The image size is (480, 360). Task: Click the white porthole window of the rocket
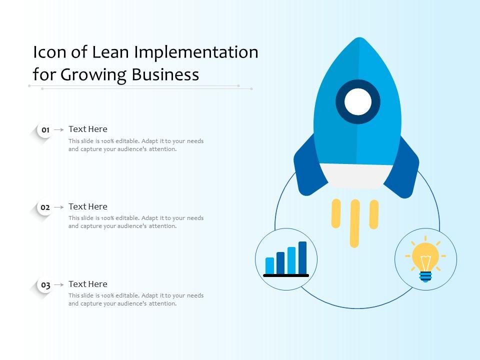pyautogui.click(x=358, y=102)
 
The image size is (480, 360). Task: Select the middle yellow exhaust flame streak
pyautogui.click(x=354, y=223)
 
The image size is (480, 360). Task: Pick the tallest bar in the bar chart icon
pyautogui.click(x=302, y=257)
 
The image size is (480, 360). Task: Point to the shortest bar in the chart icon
pyautogui.click(x=270, y=265)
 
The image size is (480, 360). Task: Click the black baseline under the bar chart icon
pyautogui.click(x=286, y=275)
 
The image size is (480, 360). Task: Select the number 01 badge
pyautogui.click(x=45, y=130)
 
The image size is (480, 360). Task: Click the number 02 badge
pyautogui.click(x=45, y=207)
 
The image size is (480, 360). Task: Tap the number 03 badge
pyautogui.click(x=45, y=285)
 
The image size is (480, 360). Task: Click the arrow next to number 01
pyautogui.click(x=58, y=129)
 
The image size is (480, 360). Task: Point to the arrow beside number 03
pyautogui.click(x=58, y=284)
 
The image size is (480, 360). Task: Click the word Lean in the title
pyautogui.click(x=113, y=52)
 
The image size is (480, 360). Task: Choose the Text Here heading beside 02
pyautogui.click(x=88, y=206)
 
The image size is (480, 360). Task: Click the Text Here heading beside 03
pyautogui.click(x=88, y=284)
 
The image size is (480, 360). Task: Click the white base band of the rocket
pyautogui.click(x=356, y=175)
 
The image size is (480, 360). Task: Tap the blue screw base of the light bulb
pyautogui.click(x=425, y=276)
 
